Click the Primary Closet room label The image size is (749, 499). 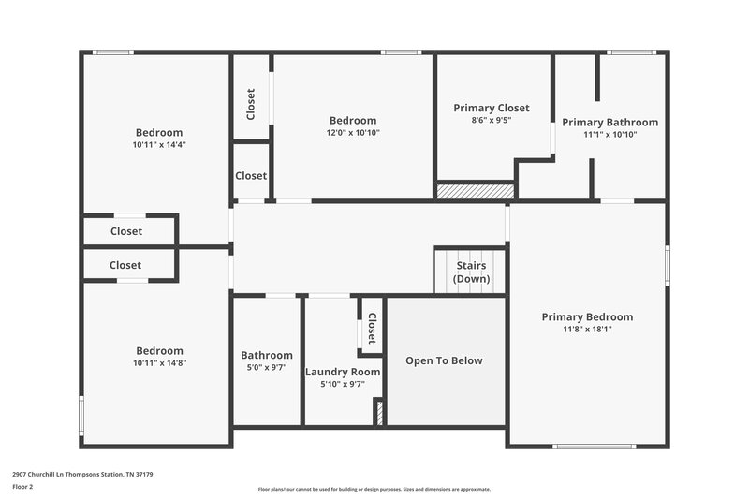coord(492,108)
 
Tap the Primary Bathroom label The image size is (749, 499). coord(609,122)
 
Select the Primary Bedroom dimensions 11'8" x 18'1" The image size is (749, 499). coord(587,329)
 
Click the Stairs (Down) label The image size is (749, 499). coord(470,272)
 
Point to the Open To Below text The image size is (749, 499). coord(444,360)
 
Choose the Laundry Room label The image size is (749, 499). coord(343,372)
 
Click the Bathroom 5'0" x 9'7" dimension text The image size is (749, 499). coord(267,367)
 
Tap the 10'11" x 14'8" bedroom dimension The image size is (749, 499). coord(159,362)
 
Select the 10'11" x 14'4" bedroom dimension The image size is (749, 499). coord(159,144)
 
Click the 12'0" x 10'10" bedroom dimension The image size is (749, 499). coord(353,132)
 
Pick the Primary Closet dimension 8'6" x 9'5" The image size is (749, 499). coord(492,120)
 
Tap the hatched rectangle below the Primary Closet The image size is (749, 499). coord(476,190)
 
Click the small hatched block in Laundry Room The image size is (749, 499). coord(379,413)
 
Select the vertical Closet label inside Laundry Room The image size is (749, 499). coord(371,328)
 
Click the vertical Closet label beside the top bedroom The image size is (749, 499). coord(251,104)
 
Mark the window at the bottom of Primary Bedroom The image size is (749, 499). coord(595,446)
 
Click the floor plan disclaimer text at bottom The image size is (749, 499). coord(374,489)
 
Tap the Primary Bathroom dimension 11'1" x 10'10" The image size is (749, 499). coord(609,134)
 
